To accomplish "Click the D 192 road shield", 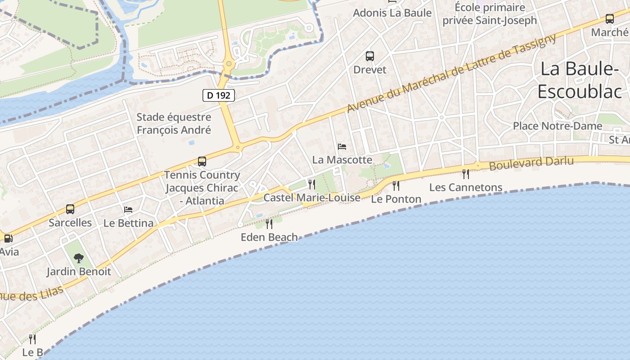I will click(219, 95).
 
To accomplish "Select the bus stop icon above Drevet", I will click(370, 56).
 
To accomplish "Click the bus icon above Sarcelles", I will click(70, 209).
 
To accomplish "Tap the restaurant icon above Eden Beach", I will click(269, 224).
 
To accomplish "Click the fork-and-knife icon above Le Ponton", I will click(396, 185).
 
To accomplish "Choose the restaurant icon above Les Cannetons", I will click(466, 174).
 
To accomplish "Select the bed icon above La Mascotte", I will click(342, 147).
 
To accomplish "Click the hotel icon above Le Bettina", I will click(128, 209).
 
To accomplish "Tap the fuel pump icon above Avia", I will click(8, 238).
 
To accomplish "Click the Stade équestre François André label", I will click(174, 124).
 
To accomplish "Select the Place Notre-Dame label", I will click(558, 126).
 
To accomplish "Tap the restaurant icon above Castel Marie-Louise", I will click(311, 184).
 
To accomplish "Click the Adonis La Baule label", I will click(392, 13).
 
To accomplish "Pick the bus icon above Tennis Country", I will click(202, 162).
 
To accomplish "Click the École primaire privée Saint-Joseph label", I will click(490, 14).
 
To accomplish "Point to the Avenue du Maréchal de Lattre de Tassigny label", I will click(452, 74).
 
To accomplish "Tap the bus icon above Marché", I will click(610, 19).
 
